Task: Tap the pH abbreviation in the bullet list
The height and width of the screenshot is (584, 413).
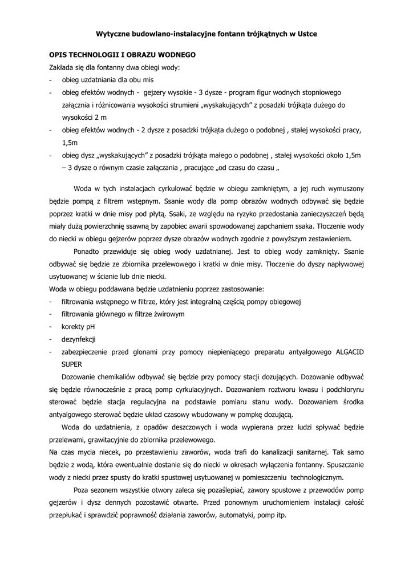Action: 90,327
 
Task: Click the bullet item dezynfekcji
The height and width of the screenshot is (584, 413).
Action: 79,339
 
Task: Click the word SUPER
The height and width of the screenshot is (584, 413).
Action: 72,364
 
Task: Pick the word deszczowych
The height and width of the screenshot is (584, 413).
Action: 188,427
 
